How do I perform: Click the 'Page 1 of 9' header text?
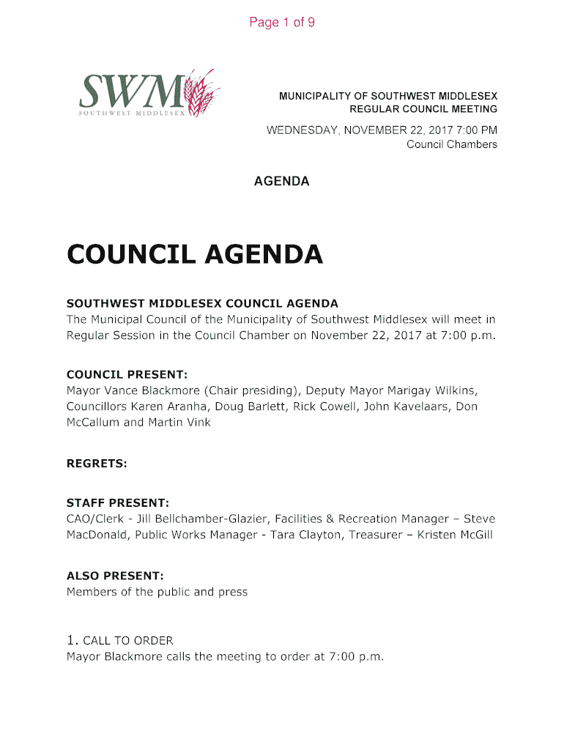[x=282, y=23]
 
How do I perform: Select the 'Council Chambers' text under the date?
[x=451, y=144]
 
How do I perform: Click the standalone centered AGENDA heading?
[x=281, y=181]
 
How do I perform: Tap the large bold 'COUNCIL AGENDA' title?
[x=194, y=255]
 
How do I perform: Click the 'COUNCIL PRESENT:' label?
[x=127, y=374]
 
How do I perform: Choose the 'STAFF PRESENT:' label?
[x=118, y=503]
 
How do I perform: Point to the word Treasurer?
[x=375, y=535]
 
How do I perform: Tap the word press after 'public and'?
[x=233, y=592]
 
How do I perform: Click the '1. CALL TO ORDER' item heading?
[x=119, y=640]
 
